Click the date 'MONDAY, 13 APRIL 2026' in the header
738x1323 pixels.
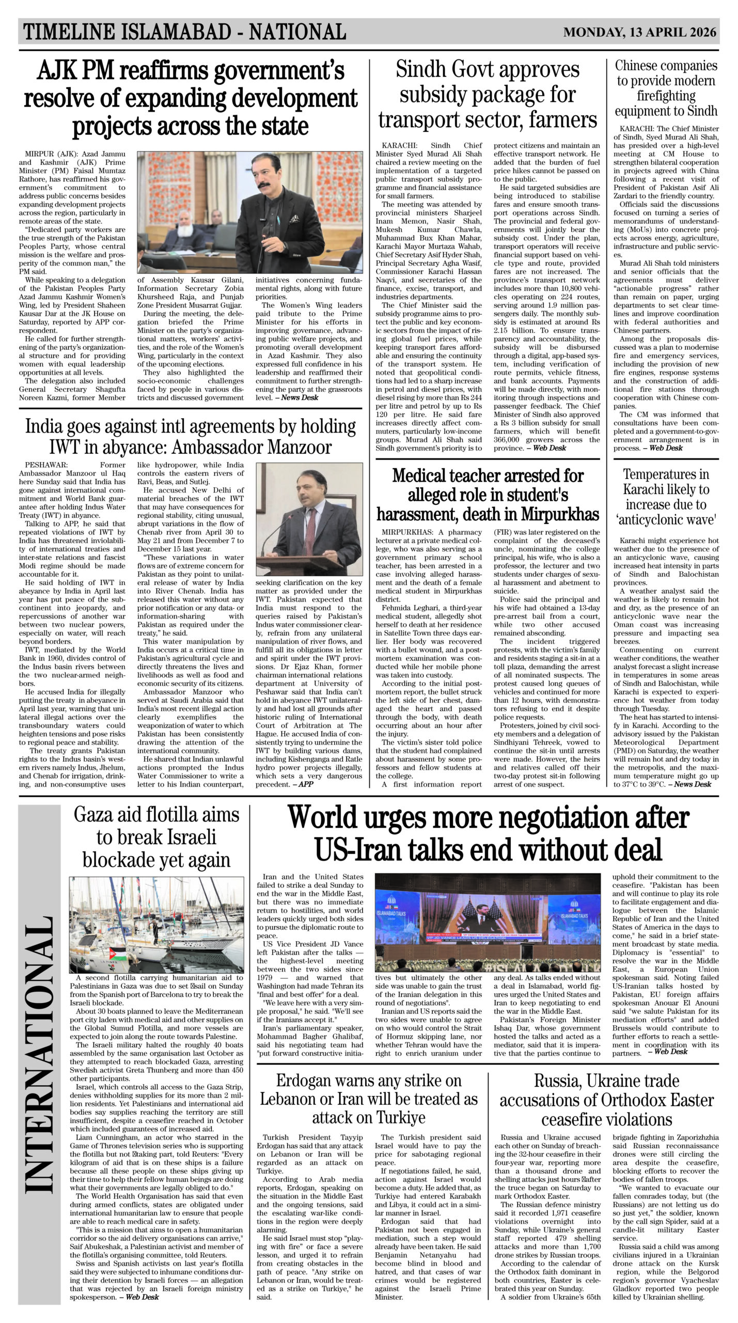(x=640, y=33)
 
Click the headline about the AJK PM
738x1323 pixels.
(x=191, y=98)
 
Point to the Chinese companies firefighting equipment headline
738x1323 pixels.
(x=666, y=88)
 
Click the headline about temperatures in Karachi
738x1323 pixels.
(x=666, y=497)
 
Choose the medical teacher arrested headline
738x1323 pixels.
(x=488, y=495)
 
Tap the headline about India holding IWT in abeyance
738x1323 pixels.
(x=191, y=436)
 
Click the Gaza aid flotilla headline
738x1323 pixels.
(x=156, y=837)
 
